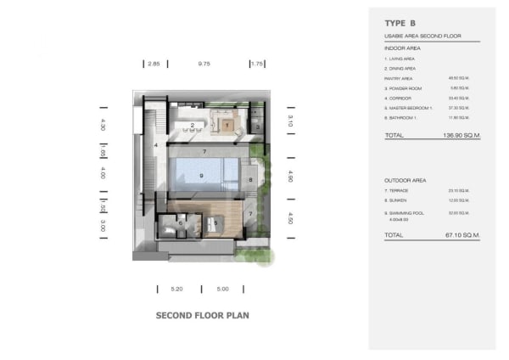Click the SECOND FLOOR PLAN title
coord(202,315)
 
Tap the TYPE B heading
coord(401,24)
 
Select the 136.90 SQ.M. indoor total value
coord(462,135)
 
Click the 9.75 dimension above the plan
coord(204,64)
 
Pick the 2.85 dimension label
coord(154,64)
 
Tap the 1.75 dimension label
coord(259,64)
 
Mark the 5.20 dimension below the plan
coord(176,289)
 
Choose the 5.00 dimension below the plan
coord(222,289)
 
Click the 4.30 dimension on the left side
coord(103,124)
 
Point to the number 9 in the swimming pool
coord(201,176)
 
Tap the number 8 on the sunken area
coord(251,180)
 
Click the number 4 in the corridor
coord(156,145)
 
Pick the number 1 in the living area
coord(227,126)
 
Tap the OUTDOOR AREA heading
coord(405,181)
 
